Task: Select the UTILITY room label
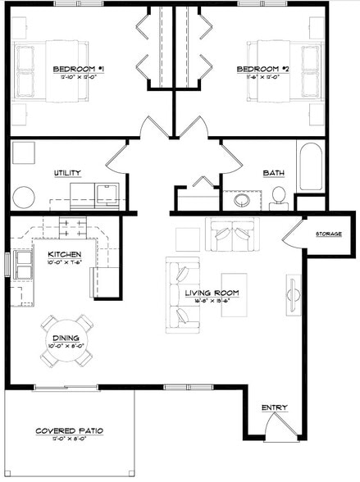pyautogui.click(x=66, y=173)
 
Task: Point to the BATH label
pyautogui.click(x=273, y=173)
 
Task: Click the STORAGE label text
pyautogui.click(x=329, y=234)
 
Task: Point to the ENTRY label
pyautogui.click(x=274, y=407)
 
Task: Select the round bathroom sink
pyautogui.click(x=243, y=200)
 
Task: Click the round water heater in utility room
pyautogui.click(x=24, y=197)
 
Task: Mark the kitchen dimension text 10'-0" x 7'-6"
pyautogui.click(x=63, y=263)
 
